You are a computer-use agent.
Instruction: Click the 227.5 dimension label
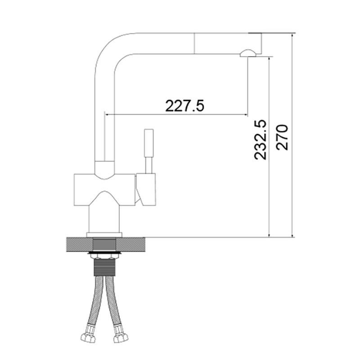point(184,106)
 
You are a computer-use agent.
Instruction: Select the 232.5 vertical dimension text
point(261,139)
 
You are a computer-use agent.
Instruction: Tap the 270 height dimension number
point(282,137)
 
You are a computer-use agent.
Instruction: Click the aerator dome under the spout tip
point(247,53)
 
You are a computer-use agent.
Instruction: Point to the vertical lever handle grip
point(148,143)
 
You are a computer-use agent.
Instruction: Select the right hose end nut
point(121,337)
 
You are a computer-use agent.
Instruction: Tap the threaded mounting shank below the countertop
point(104,267)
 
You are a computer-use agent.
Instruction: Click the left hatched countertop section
point(80,245)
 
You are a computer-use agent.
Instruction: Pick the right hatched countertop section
point(130,245)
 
